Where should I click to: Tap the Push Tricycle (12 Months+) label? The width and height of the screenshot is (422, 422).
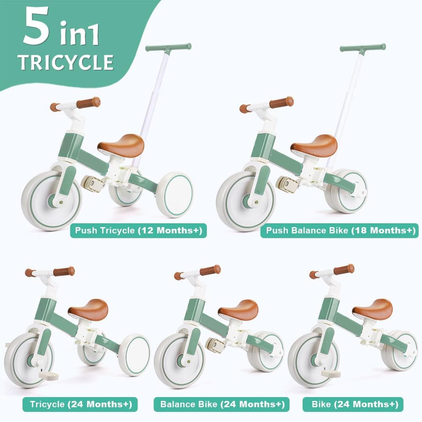coord(138,230)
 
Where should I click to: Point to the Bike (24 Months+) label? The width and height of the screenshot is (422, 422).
coord(353,404)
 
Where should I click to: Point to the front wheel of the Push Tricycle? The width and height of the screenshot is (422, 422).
coord(51,201)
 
